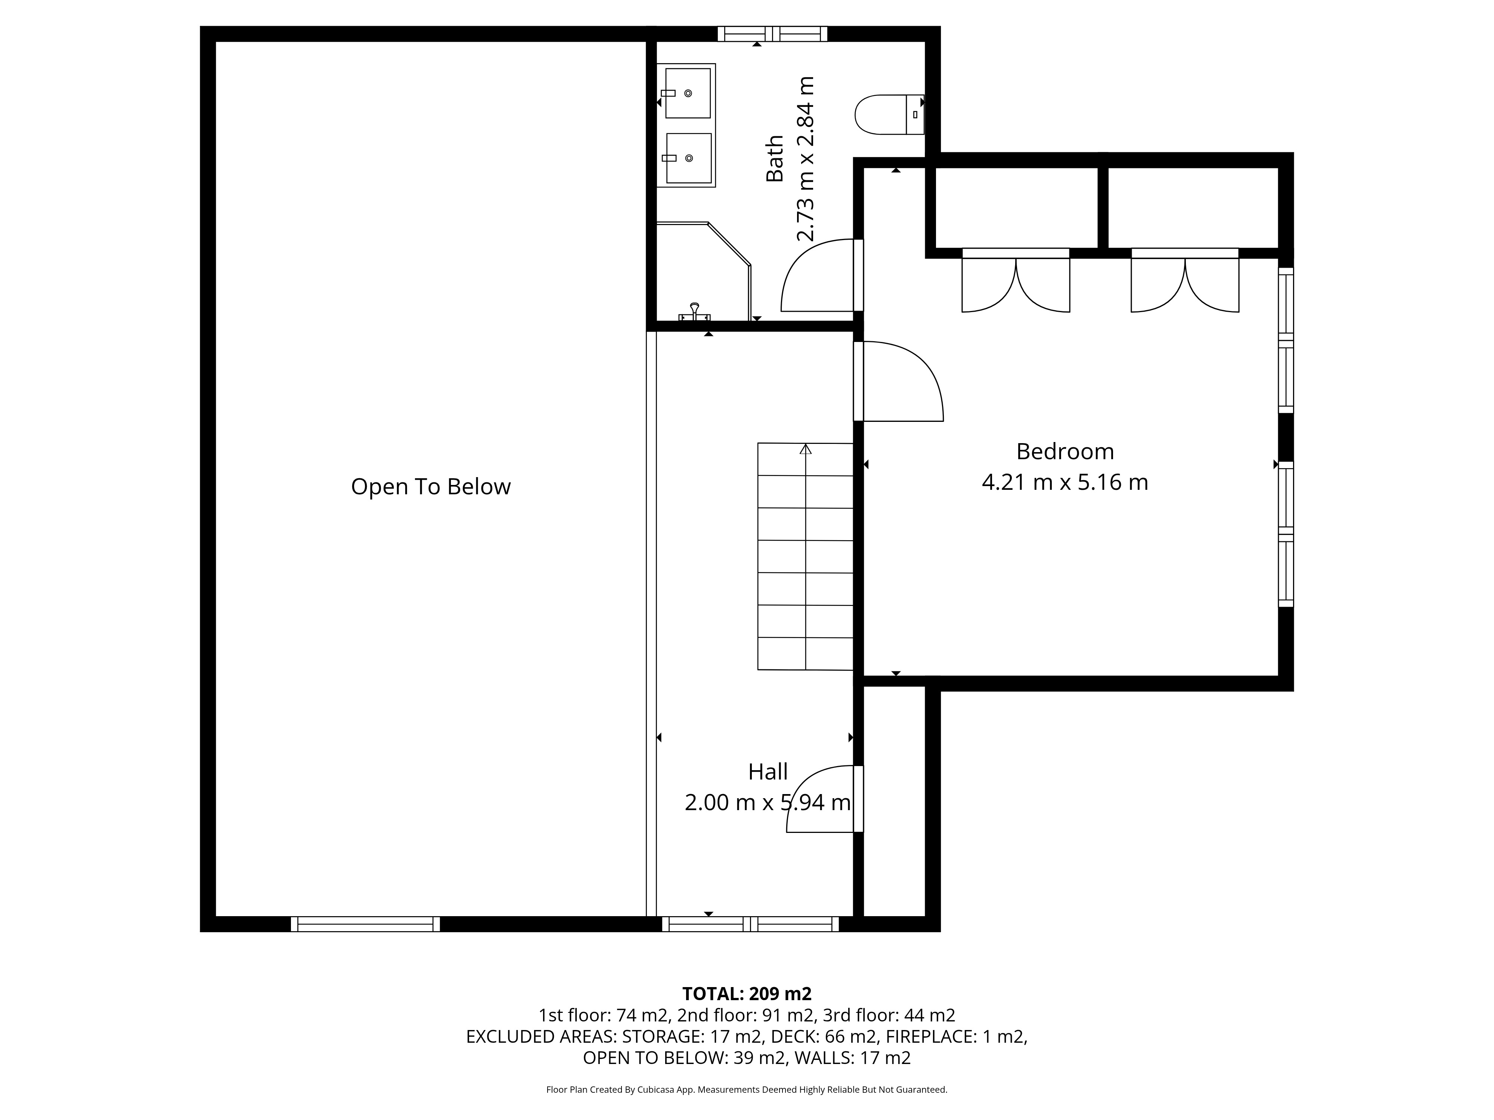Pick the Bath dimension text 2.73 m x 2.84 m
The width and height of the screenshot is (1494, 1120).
pyautogui.click(x=805, y=159)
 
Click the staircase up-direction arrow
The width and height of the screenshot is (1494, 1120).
pyautogui.click(x=805, y=449)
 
